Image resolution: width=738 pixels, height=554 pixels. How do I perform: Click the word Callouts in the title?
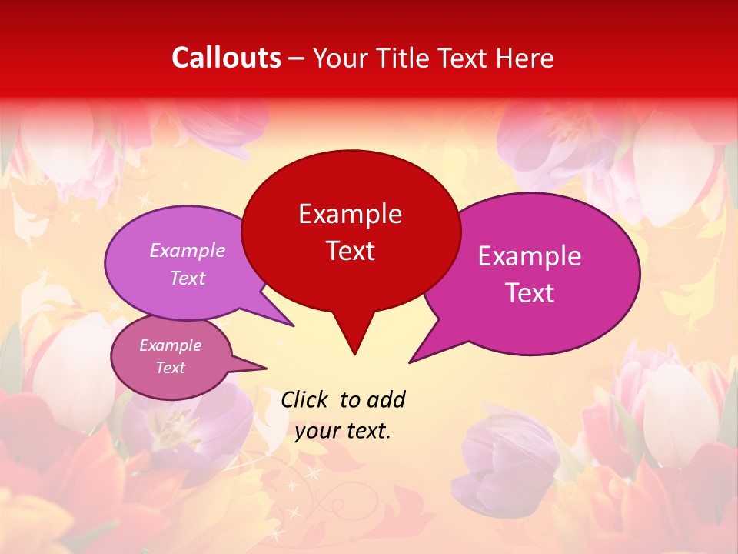point(227,58)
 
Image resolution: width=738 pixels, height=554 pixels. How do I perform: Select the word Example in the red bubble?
point(350,214)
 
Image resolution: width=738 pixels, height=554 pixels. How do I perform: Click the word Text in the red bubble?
point(350,251)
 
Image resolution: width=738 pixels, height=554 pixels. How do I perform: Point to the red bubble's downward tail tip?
point(354,354)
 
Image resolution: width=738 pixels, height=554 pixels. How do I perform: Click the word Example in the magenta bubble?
point(530,256)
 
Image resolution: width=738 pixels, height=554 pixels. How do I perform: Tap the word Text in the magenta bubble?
point(530,293)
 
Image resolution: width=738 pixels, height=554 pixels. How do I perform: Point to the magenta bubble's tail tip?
point(410,362)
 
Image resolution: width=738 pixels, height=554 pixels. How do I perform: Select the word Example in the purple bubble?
point(188,251)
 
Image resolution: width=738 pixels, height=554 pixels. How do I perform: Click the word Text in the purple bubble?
point(188,279)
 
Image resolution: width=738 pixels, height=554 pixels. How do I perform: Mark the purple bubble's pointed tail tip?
point(294,325)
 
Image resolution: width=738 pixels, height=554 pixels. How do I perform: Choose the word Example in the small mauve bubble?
point(171,345)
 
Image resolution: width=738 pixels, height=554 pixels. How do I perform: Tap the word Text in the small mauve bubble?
point(171,368)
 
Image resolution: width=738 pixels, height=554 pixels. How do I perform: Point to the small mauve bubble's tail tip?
point(266,368)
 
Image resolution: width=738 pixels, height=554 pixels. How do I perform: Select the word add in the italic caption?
point(386,399)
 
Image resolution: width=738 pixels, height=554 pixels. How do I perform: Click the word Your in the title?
point(341,58)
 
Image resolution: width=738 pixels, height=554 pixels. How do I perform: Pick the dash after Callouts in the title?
point(297,58)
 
